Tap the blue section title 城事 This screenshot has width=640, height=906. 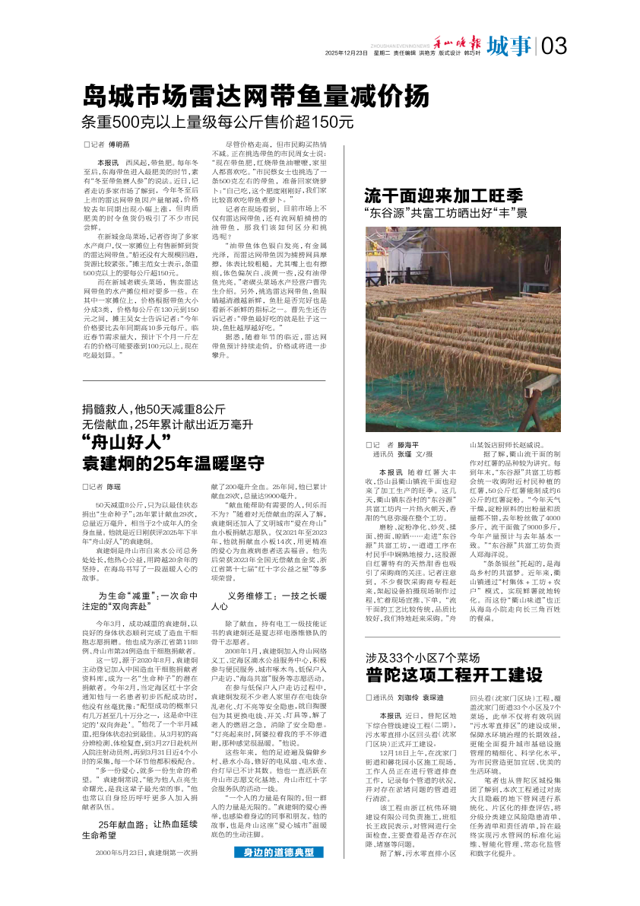coord(509,46)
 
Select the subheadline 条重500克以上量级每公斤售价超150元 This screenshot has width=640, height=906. coord(218,122)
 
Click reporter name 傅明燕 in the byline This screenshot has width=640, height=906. coord(119,143)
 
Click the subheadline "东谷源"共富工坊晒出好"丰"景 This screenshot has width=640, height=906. coord(445,213)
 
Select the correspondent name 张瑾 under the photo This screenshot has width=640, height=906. coord(404,454)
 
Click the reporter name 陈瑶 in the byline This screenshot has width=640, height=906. coord(114,485)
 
